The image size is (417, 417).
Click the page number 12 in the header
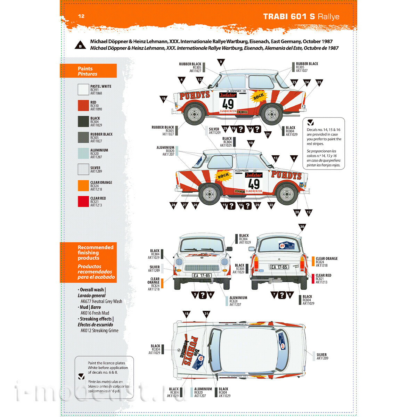pyautogui.click(x=81, y=16)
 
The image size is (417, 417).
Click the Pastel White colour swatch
pyautogui.click(x=83, y=90)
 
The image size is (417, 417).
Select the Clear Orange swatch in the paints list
pyautogui.click(x=83, y=186)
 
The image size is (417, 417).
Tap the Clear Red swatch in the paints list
pyautogui.click(x=83, y=202)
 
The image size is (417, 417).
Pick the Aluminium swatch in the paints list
pyautogui.click(x=83, y=154)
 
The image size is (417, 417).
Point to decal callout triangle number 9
pyautogui.click(x=221, y=62)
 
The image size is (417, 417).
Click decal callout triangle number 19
pyautogui.click(x=163, y=99)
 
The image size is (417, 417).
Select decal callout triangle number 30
pyautogui.click(x=302, y=227)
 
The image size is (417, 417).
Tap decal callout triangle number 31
pyautogui.click(x=206, y=314)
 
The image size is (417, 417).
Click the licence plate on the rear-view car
pyautogui.click(x=279, y=267)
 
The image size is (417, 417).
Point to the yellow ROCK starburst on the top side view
pyautogui.click(x=258, y=97)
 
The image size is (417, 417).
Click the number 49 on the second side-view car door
pyautogui.click(x=254, y=184)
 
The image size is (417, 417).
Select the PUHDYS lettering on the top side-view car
pyautogui.click(x=195, y=95)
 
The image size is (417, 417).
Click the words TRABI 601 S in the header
pyautogui.click(x=289, y=16)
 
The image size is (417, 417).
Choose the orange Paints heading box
pyautogui.click(x=88, y=71)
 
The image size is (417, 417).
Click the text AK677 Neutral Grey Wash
pyautogui.click(x=101, y=301)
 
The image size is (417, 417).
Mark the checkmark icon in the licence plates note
pyautogui.click(x=81, y=376)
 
